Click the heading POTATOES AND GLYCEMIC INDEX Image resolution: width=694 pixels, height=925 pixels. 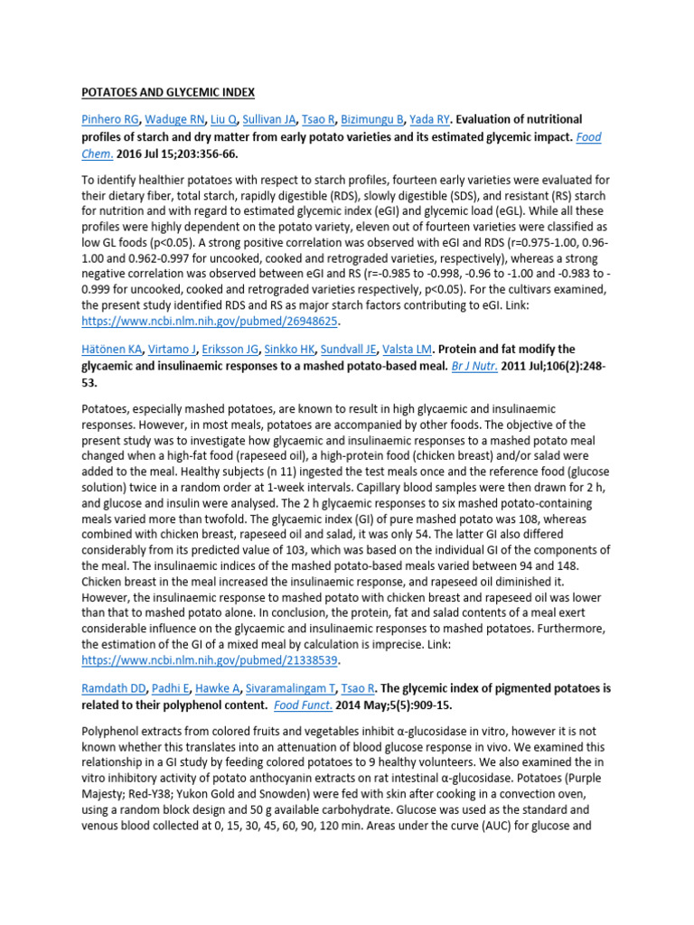pyautogui.click(x=169, y=92)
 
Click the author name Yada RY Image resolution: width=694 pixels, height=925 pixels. pyautogui.click(x=429, y=119)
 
